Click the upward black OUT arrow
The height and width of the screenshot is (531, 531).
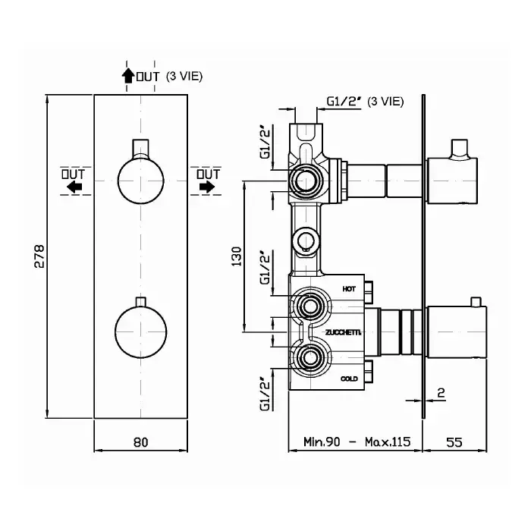(127, 75)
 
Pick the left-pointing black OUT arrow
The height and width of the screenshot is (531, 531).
(74, 187)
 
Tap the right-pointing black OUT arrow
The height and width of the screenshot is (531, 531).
(207, 187)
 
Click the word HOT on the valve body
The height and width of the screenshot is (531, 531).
(349, 289)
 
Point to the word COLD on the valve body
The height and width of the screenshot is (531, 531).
(349, 377)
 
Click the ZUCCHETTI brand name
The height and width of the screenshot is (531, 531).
(343, 333)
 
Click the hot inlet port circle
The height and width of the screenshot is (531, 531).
(307, 306)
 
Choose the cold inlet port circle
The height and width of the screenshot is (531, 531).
(307, 359)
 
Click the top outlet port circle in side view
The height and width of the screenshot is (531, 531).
(306, 180)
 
